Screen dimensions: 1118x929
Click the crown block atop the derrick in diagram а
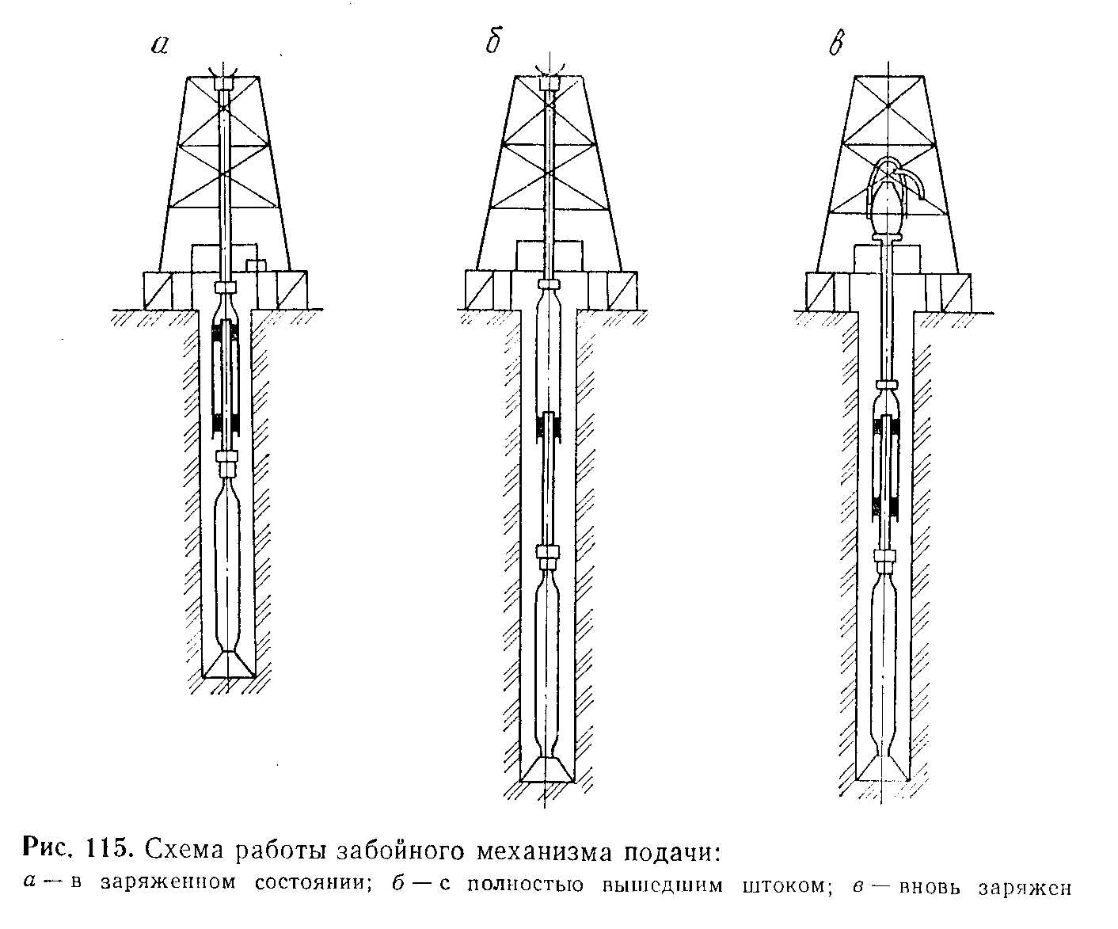pos(226,82)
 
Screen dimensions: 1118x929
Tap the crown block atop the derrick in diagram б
pos(549,82)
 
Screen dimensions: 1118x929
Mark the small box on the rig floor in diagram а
pos(255,264)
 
